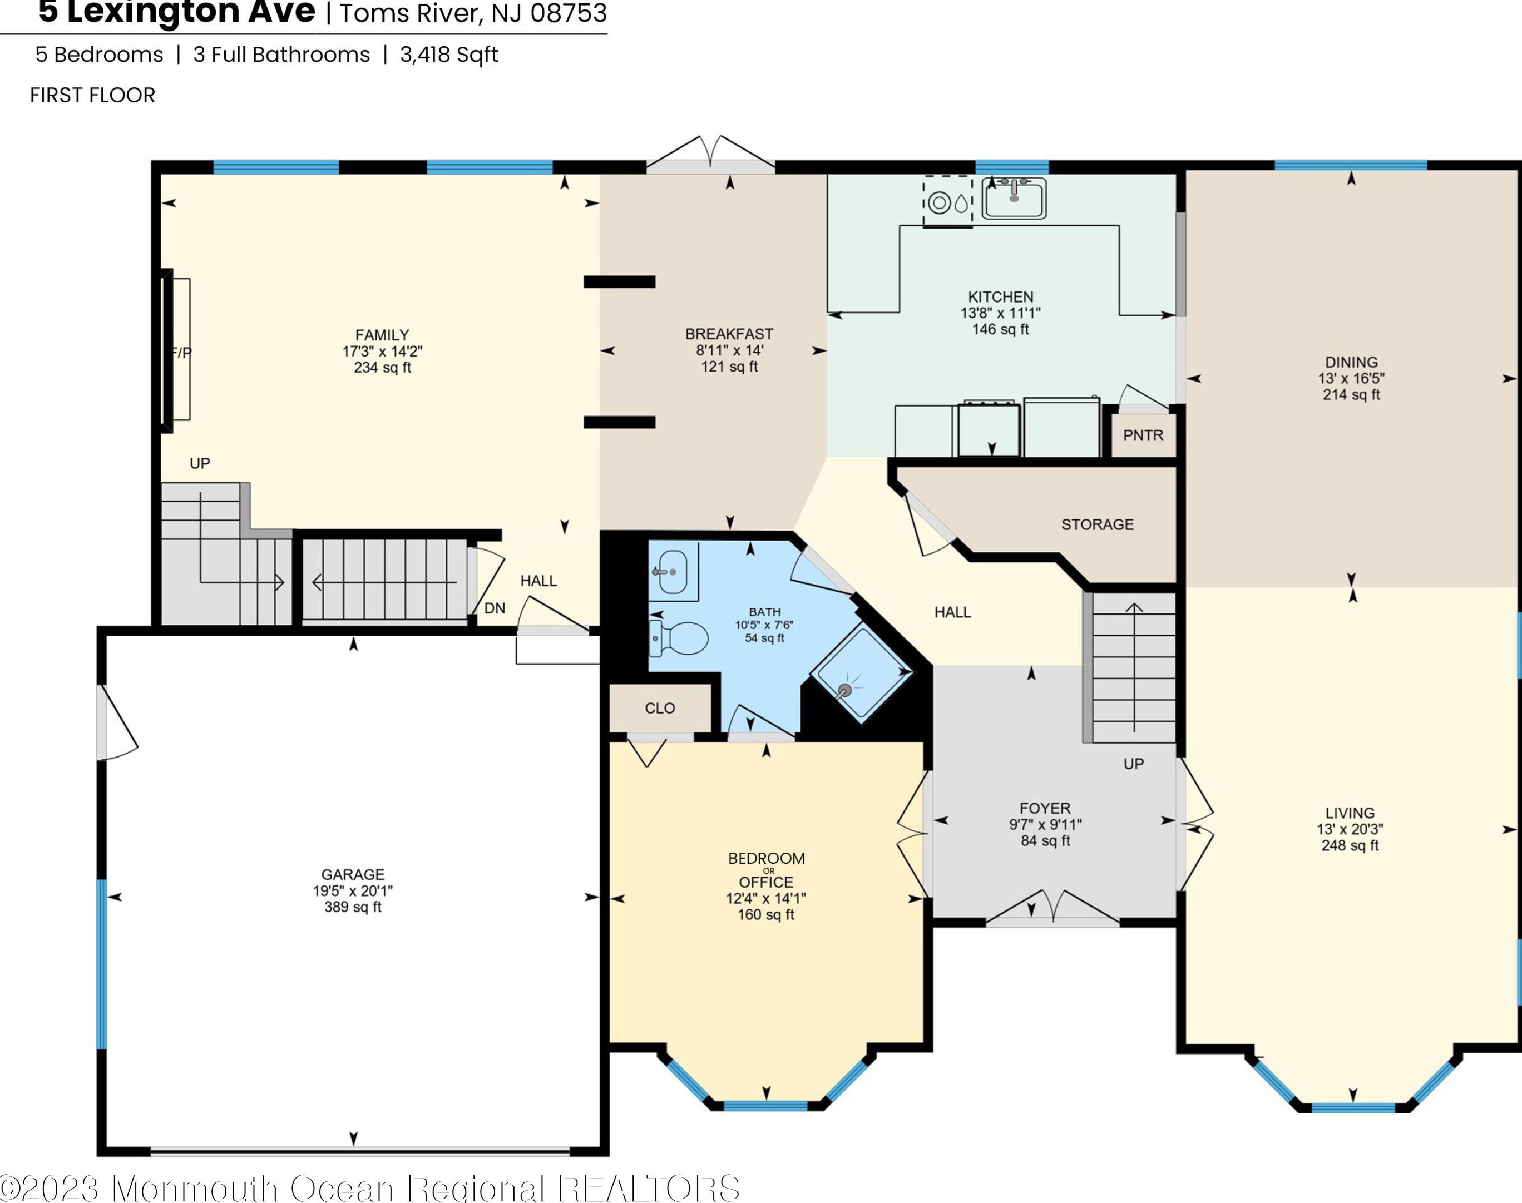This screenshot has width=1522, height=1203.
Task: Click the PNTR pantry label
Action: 1143,435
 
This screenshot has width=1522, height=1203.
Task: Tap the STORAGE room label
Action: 1098,524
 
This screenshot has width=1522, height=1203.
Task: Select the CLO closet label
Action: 660,708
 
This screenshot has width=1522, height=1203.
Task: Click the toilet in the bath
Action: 678,638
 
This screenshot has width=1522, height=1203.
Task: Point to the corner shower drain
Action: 844,691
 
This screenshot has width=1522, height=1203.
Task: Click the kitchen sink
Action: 1014,198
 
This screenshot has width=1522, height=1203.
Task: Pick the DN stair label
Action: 495,608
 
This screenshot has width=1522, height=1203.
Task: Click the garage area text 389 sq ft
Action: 353,907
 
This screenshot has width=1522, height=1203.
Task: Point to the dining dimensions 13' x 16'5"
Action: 1351,378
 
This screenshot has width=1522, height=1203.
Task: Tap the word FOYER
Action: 1045,808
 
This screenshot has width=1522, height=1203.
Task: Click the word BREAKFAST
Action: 729,334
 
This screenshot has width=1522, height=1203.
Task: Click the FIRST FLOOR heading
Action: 92,95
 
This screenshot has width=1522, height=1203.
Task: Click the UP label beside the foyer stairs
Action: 1133,764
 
